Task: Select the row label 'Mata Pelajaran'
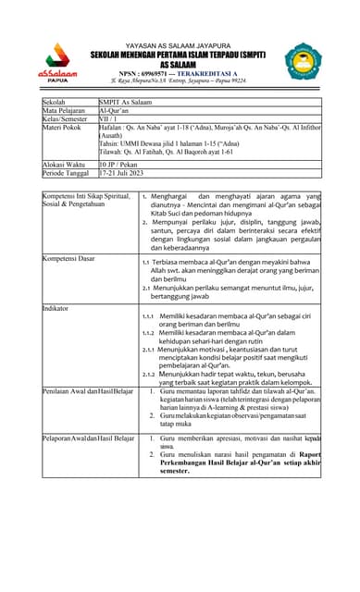click(67, 110)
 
